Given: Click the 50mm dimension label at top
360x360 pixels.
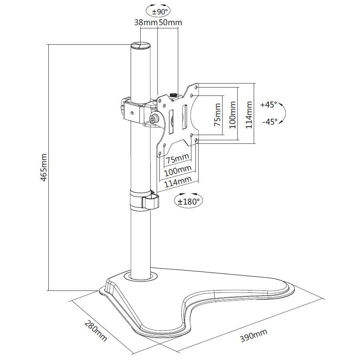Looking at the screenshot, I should click(x=170, y=22).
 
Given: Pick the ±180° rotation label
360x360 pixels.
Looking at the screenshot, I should click(x=188, y=201).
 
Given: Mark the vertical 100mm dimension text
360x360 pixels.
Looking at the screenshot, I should click(x=233, y=116).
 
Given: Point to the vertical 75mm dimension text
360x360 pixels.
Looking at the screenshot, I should click(x=218, y=115).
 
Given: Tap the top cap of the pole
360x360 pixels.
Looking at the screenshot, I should click(x=141, y=45).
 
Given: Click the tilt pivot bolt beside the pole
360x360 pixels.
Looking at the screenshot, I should click(x=153, y=119).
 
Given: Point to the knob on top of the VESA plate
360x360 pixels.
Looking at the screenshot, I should click(x=174, y=95).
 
